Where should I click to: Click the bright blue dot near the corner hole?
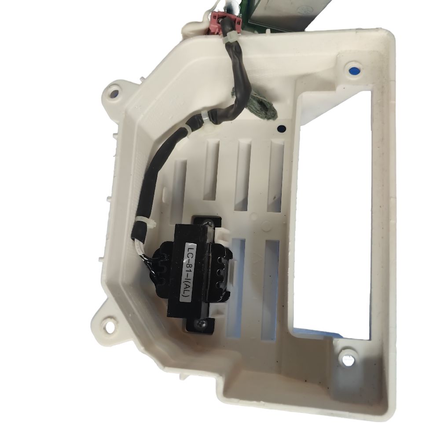(x=355, y=70)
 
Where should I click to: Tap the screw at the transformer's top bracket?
(x=209, y=224)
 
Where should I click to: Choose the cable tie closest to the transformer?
(x=142, y=223)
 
